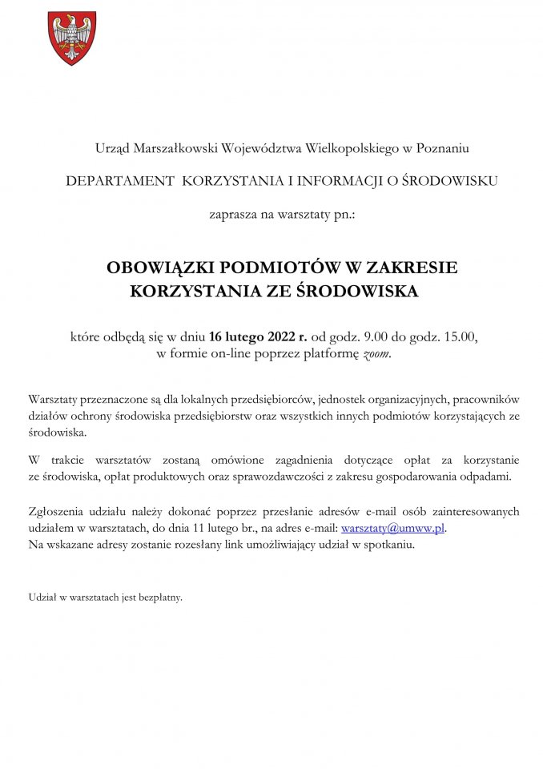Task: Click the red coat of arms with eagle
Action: coord(73,38)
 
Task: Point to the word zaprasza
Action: coord(233,215)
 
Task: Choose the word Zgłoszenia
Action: coord(56,511)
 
